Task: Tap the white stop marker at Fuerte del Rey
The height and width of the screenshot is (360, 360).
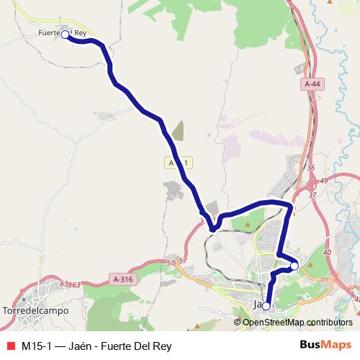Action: coord(65,34)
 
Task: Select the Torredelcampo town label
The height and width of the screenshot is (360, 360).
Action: coord(35,310)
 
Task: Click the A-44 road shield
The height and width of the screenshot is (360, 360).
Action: coord(312,84)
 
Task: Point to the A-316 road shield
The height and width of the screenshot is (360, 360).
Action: coord(123,279)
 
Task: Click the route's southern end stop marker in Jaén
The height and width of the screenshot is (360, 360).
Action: coord(266,306)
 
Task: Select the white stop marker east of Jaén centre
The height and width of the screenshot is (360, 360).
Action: coord(294,266)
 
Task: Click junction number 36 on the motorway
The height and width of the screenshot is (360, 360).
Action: coord(310,168)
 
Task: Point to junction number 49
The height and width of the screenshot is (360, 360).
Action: coord(323,180)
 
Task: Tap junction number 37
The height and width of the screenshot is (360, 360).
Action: coord(312,195)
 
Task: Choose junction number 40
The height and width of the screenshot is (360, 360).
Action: coord(328,252)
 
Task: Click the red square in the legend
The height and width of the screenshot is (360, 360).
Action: coord(11,345)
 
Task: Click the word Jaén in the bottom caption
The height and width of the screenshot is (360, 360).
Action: coord(81,345)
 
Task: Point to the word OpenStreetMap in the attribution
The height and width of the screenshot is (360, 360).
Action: coord(273,322)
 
